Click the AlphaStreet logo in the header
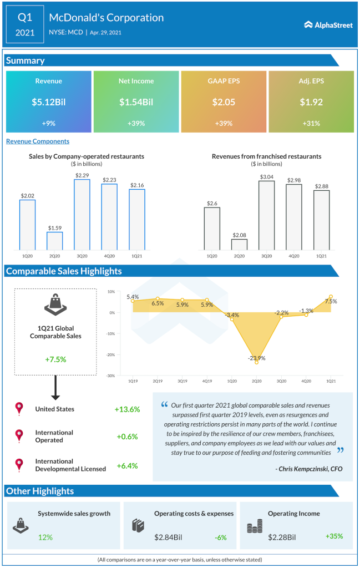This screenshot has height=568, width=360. (x=328, y=24)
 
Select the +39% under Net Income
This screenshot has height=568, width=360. (x=136, y=123)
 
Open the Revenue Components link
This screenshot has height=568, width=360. (x=38, y=141)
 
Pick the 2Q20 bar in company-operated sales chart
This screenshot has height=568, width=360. (x=54, y=241)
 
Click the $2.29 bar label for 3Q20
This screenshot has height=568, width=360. (x=82, y=175)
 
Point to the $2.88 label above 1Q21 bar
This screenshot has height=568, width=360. (x=321, y=186)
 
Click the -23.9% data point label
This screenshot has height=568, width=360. (x=256, y=358)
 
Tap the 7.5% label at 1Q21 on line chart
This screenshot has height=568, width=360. (x=331, y=301)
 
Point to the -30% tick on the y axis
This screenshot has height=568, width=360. (x=111, y=376)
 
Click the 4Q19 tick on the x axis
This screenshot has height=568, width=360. (x=207, y=382)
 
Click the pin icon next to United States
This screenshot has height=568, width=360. (x=20, y=409)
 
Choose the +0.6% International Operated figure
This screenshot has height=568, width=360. (x=127, y=437)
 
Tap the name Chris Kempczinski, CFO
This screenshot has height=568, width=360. (x=308, y=469)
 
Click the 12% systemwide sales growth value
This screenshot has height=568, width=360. (x=45, y=537)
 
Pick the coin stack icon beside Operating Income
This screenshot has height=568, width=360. (x=255, y=526)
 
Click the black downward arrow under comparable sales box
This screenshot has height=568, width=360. (x=55, y=388)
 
